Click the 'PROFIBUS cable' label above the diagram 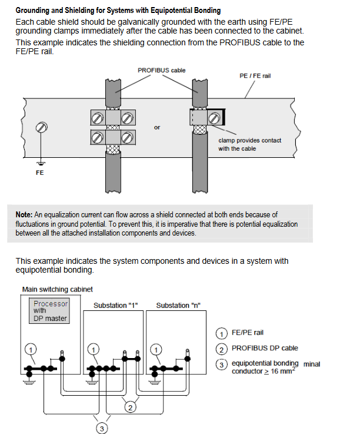162,70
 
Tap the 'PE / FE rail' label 255,76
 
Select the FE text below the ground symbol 40,173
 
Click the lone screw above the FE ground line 42,127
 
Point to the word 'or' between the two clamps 157,128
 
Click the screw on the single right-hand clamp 214,118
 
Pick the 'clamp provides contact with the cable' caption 249,144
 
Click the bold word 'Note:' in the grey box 24,215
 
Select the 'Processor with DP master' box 49,311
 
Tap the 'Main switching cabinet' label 58,290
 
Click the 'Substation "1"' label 115,306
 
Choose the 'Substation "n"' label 178,306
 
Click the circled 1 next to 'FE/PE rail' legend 222,333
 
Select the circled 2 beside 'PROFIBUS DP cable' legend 222,349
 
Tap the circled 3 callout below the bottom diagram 102,429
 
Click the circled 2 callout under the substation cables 130,408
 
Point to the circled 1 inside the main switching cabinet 31,350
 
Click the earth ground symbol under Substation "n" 154,383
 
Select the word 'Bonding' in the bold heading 207,11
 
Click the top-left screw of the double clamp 97,119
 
